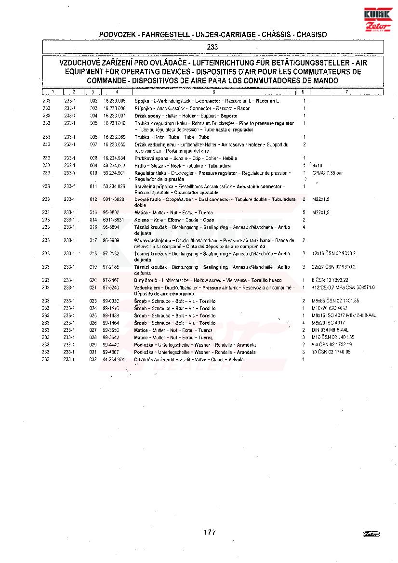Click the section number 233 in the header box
point(212,47)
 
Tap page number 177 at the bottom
point(209,532)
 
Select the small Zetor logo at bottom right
point(371,534)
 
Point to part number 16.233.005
point(115,101)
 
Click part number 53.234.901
point(114,173)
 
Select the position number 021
point(93,288)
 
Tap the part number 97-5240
point(111,288)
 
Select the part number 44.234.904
point(114,359)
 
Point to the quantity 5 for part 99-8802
point(304,212)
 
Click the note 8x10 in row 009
point(317,165)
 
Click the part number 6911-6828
point(113,199)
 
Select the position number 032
point(93,359)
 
